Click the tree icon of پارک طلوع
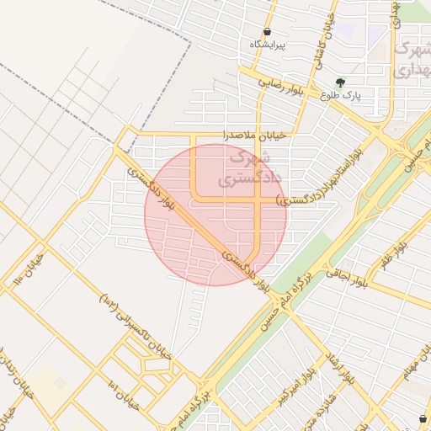click(x=339, y=82)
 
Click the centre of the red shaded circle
click(x=215, y=215)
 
